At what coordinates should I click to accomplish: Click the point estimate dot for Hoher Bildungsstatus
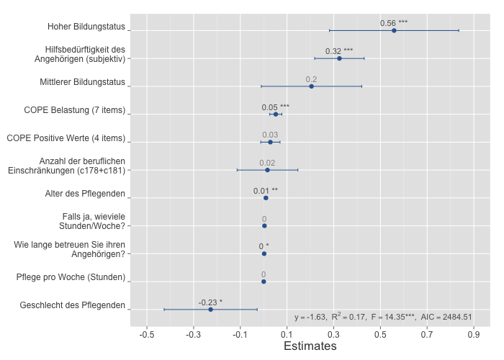(394, 30)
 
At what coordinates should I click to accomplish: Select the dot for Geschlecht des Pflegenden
(210, 309)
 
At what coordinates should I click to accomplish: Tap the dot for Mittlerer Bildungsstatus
(311, 86)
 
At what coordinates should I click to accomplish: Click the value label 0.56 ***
(394, 23)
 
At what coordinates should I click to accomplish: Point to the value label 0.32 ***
(339, 51)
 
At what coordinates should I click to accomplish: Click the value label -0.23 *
(210, 302)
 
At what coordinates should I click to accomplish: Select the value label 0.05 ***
(275, 107)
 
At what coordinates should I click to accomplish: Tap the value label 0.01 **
(265, 191)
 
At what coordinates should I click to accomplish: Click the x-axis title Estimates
(310, 346)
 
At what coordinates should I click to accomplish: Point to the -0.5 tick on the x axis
(147, 335)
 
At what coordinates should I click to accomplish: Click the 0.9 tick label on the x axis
(474, 335)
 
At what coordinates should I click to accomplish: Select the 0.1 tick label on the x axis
(287, 335)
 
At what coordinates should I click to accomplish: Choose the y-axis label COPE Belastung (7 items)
(66, 110)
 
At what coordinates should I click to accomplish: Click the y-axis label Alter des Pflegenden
(82, 194)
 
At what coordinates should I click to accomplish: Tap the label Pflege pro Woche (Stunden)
(71, 277)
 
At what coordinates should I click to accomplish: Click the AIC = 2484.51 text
(446, 317)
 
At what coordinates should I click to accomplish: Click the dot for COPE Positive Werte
(270, 142)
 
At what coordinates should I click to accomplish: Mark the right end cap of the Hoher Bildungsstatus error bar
(459, 30)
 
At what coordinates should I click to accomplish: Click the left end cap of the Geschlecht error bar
(164, 309)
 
